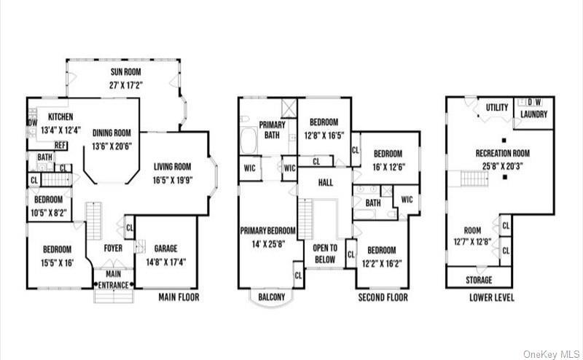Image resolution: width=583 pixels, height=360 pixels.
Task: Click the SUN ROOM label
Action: tap(125, 72)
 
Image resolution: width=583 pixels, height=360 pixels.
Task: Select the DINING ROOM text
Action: tap(111, 133)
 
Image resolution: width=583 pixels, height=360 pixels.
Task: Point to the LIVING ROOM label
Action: tap(172, 165)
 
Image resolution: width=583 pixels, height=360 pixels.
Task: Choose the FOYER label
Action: tap(111, 246)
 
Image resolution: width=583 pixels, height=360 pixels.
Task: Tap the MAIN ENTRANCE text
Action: tap(113, 280)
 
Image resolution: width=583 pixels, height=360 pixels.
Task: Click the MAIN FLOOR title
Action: tap(178, 297)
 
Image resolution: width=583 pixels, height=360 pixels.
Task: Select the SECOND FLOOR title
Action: tap(382, 297)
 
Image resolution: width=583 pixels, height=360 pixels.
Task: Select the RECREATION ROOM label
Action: tap(502, 153)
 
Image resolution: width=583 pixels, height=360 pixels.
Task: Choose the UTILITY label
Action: tap(497, 108)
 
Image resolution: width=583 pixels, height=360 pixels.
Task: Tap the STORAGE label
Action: tap(478, 280)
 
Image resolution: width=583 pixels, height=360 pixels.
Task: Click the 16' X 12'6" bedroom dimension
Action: tap(388, 165)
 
